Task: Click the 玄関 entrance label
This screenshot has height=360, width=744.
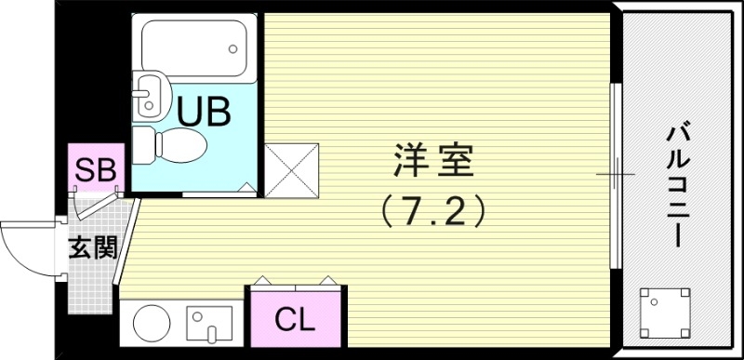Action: click(x=91, y=248)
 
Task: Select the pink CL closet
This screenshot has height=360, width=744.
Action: click(x=294, y=321)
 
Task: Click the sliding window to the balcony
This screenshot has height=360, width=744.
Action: click(x=614, y=175)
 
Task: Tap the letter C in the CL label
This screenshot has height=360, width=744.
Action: click(x=284, y=321)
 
